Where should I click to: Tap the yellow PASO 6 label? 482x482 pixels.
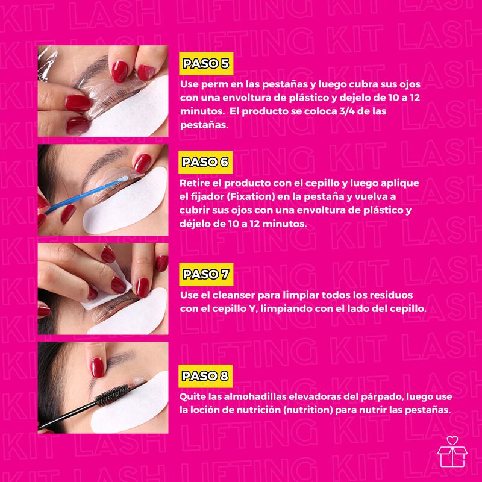pos(204,161)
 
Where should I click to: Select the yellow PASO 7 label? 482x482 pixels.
pos(204,275)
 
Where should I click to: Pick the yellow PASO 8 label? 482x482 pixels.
pos(204,377)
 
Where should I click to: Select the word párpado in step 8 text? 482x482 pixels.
pos(378,396)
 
